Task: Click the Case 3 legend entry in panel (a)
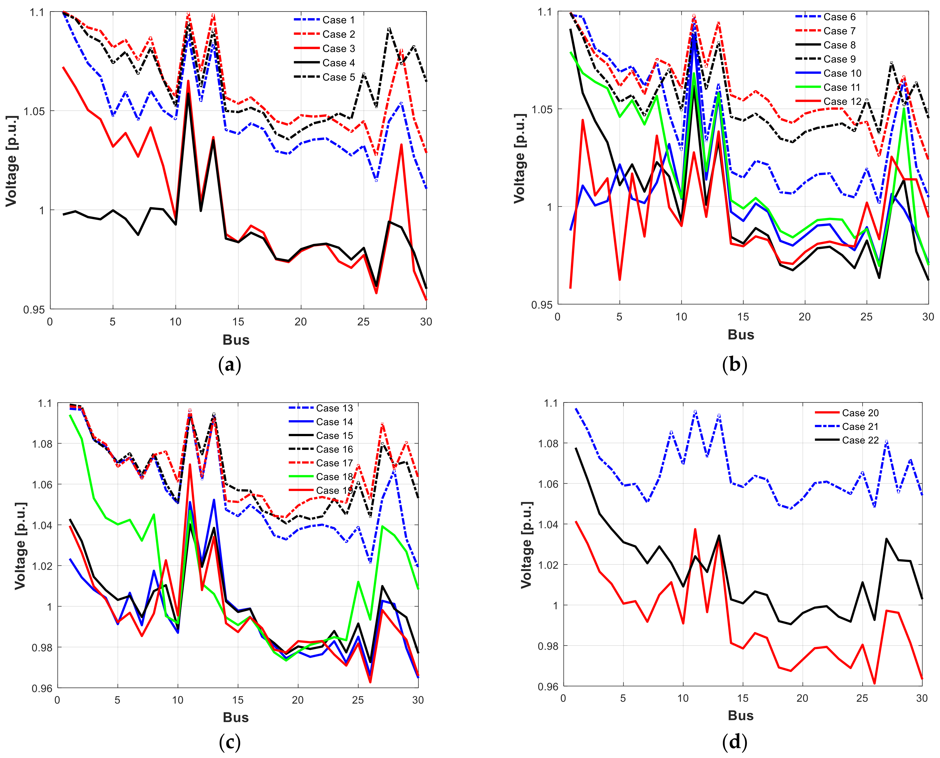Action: (x=338, y=48)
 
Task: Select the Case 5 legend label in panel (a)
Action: (x=338, y=77)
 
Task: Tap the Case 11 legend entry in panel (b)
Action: (x=842, y=87)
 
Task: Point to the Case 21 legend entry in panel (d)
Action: (x=860, y=427)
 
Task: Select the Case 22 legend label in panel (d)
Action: (x=860, y=440)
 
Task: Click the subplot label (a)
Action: (x=230, y=365)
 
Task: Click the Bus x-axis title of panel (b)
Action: (x=741, y=335)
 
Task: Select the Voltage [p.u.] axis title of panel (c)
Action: (x=20, y=546)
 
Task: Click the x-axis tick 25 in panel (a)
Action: (x=363, y=322)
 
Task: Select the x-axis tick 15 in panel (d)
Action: (x=743, y=698)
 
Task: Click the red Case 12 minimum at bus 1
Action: (x=571, y=288)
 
